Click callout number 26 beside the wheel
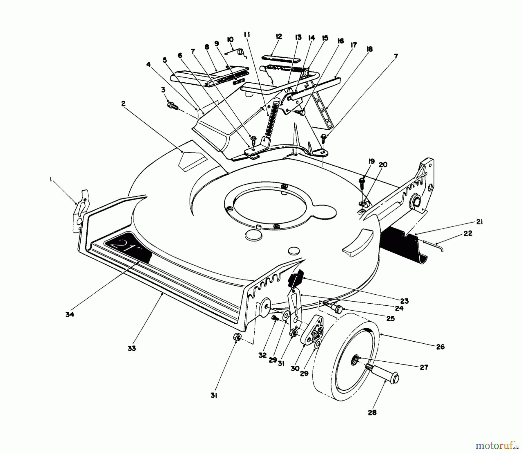pos(440,347)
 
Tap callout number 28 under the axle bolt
pos(372,412)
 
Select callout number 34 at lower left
pos(70,314)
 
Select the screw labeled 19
pos(361,182)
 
